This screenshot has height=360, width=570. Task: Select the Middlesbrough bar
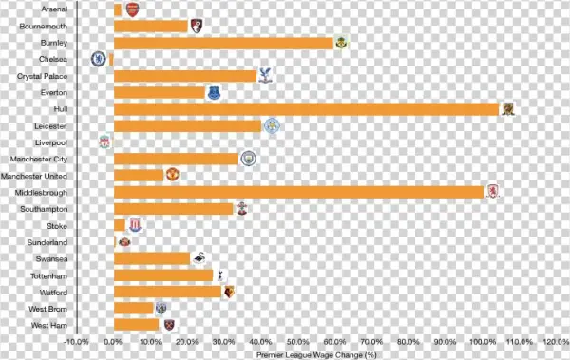coord(298,192)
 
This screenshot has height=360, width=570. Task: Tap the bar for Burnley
coord(224,43)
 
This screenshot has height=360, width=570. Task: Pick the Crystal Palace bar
coord(185,76)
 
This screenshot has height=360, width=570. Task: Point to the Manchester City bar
coord(176,159)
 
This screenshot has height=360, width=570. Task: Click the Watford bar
coord(167,292)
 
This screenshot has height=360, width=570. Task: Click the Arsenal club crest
coord(131,9)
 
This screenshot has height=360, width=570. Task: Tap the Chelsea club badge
coord(98,59)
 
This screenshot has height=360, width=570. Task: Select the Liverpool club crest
coord(104,142)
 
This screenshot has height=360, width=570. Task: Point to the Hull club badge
coord(508,109)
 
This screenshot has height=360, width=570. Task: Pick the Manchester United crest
coord(172,175)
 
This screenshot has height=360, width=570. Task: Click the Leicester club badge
coord(271,125)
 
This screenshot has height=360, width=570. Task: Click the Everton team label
coord(54,93)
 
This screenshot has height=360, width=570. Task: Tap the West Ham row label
coord(47,325)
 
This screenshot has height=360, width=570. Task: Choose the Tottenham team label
coord(47,275)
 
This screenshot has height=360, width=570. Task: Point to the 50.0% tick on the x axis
coord(297,341)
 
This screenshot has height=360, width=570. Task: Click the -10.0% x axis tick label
coord(76,341)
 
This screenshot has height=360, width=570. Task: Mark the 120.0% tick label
coord(556,341)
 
